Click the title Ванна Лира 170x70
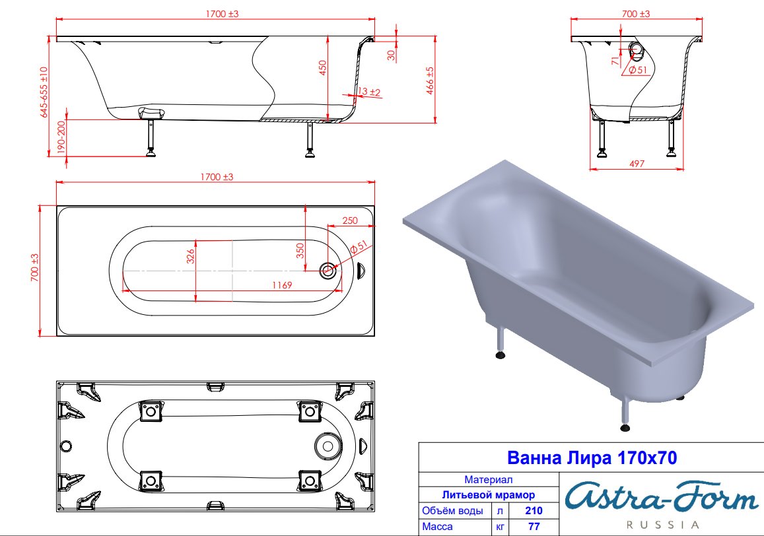[x=592, y=458]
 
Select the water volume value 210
[x=534, y=511]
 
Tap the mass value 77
[x=534, y=527]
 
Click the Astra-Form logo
[x=662, y=498]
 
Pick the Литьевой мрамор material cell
[x=488, y=495]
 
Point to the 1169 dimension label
[x=282, y=285]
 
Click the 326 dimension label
[x=191, y=256]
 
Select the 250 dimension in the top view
[x=350, y=220]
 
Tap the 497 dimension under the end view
[x=637, y=164]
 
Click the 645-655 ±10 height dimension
[x=44, y=92]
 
